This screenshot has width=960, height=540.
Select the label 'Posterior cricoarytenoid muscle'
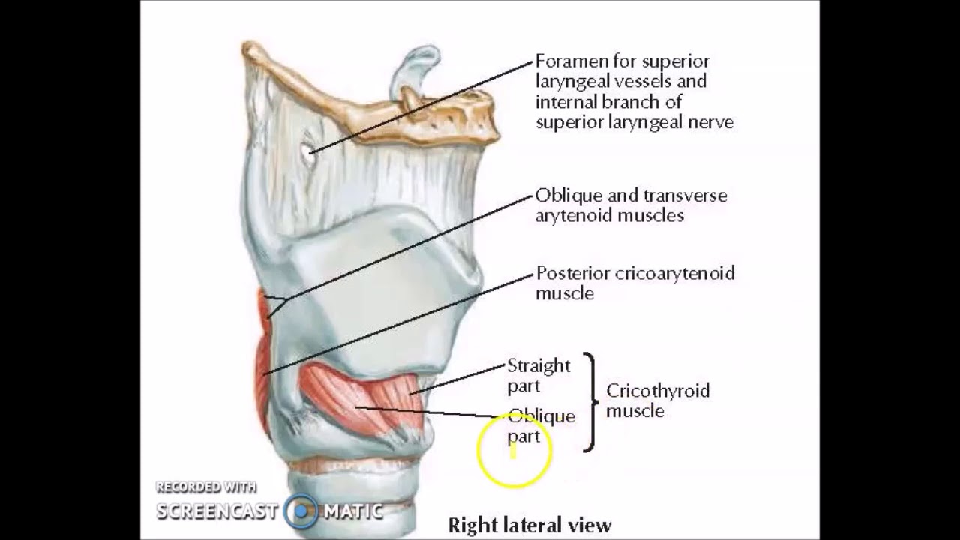pyautogui.click(x=635, y=283)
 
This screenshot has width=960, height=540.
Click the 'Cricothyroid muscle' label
pyautogui.click(x=658, y=400)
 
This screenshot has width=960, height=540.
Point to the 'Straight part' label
pyautogui.click(x=538, y=376)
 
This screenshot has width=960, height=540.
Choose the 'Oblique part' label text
pyautogui.click(x=541, y=425)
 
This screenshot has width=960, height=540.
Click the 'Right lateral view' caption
pyautogui.click(x=529, y=525)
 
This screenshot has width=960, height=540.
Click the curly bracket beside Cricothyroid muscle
pyautogui.click(x=593, y=401)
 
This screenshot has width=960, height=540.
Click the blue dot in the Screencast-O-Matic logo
pyautogui.click(x=301, y=511)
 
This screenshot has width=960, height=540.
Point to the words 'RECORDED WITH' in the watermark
pyautogui.click(x=206, y=487)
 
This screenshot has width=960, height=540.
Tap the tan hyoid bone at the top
pyautogui.click(x=368, y=98)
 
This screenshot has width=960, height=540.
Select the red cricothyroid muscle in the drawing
pyautogui.click(x=364, y=398)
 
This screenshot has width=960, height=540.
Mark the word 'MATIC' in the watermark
pyautogui.click(x=353, y=511)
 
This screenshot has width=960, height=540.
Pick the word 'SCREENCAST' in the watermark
pyautogui.click(x=217, y=511)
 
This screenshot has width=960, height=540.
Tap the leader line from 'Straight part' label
pyautogui.click(x=457, y=379)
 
